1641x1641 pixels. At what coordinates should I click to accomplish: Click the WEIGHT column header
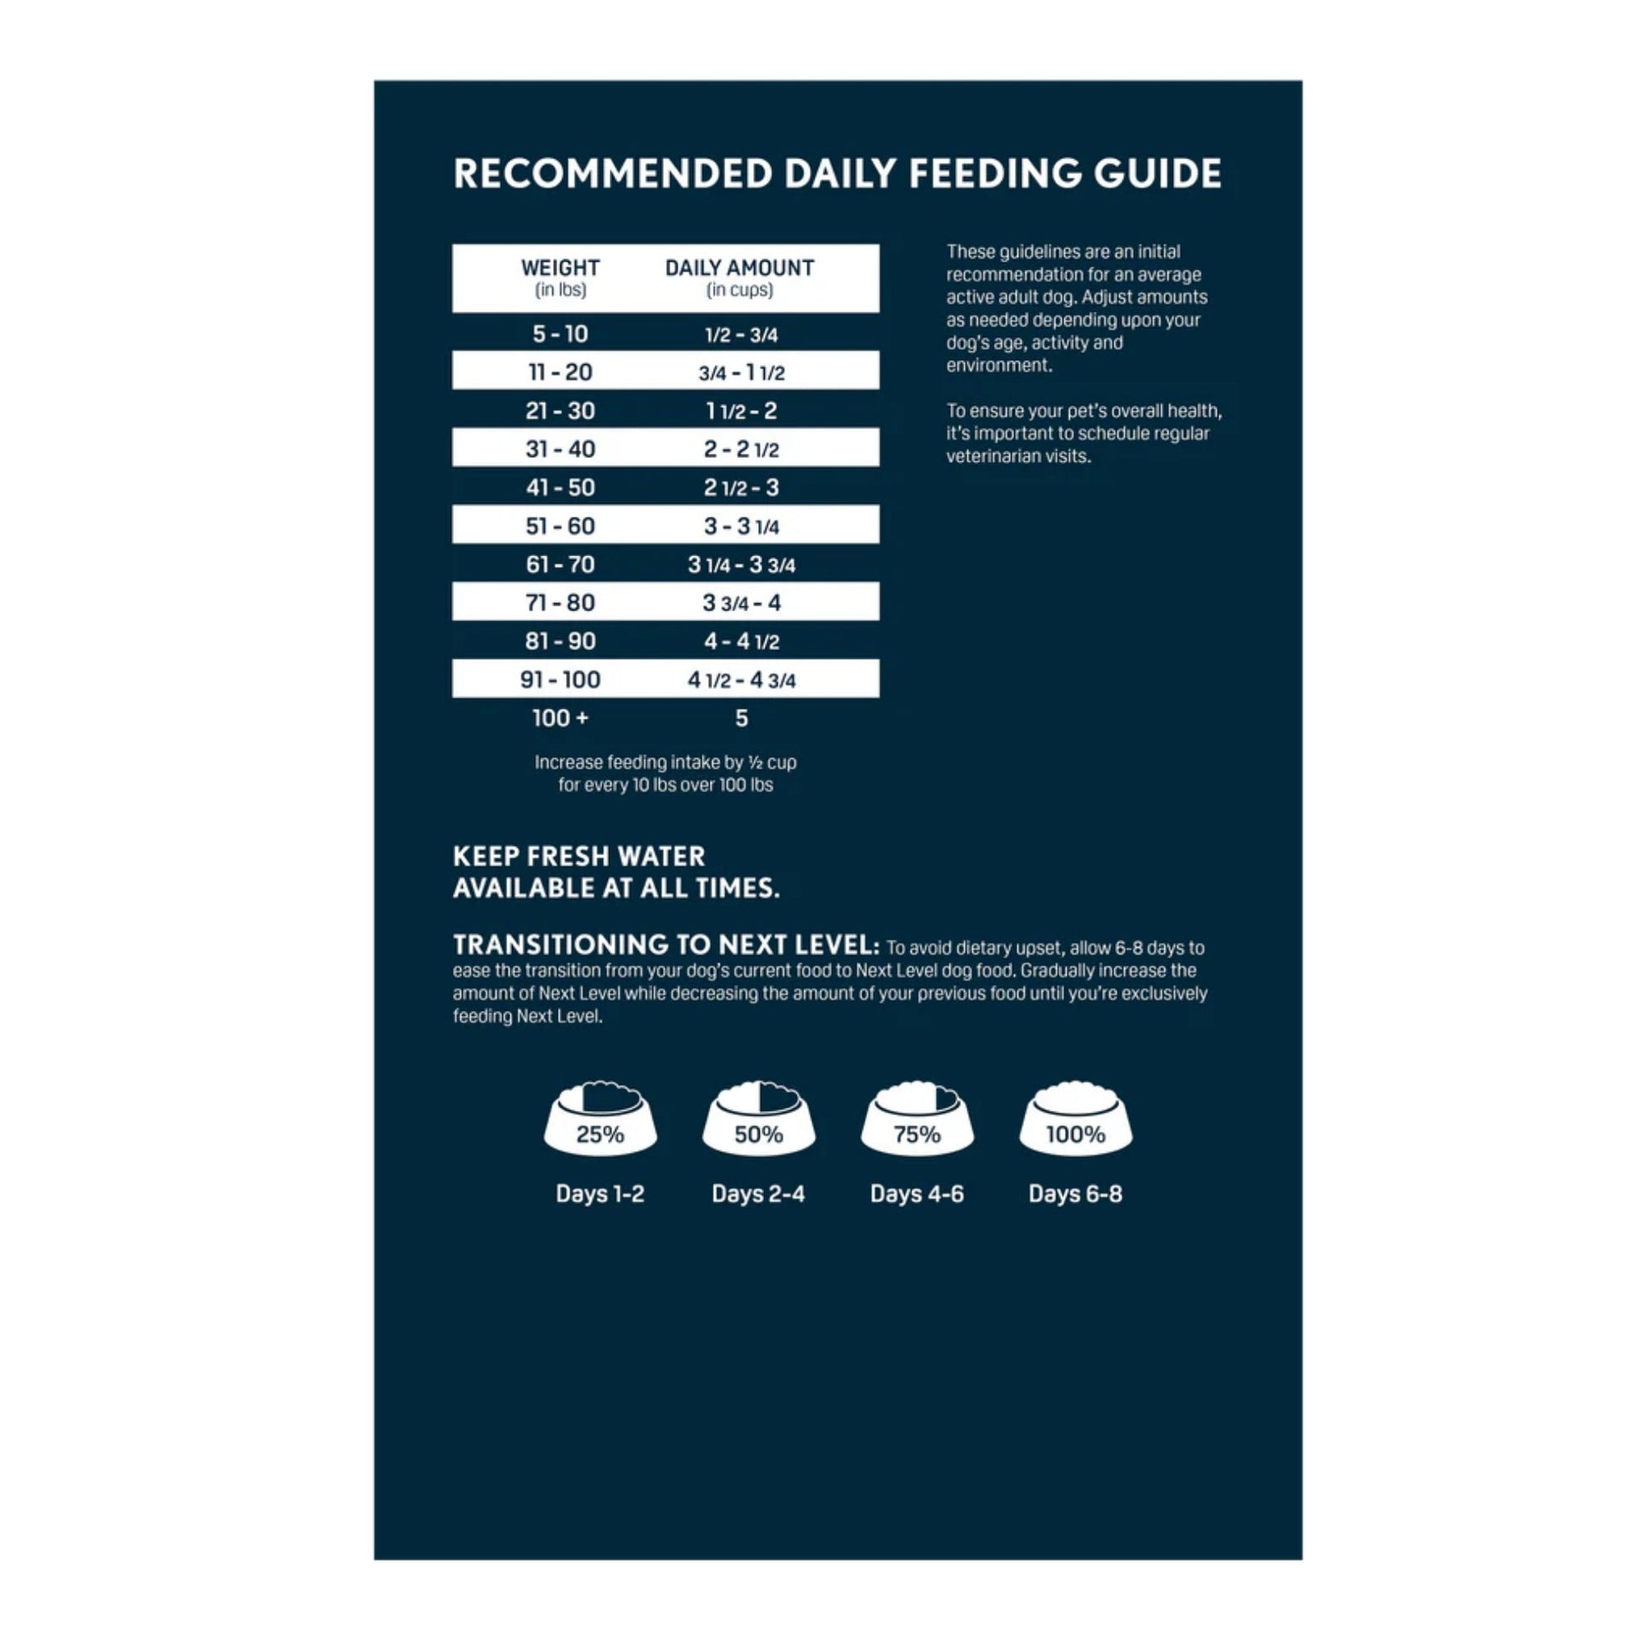coord(560,268)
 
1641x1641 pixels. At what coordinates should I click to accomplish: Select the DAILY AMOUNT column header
coord(739,268)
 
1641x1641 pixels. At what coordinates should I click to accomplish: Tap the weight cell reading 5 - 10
coord(560,334)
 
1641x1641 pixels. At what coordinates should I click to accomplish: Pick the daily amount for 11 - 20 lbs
coord(741,372)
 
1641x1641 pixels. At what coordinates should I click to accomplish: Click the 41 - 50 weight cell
coord(560,487)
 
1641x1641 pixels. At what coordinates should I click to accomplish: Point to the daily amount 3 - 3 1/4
coord(741,526)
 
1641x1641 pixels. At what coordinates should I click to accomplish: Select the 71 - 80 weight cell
coord(560,603)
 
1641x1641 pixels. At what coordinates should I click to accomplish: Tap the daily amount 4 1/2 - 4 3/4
coord(741,680)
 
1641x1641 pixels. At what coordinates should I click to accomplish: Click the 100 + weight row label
coord(560,718)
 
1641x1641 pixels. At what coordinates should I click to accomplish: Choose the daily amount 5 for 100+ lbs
coord(741,718)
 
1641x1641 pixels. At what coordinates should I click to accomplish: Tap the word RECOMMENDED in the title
coord(612,173)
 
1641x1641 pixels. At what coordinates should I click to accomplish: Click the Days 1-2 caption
coord(600,1194)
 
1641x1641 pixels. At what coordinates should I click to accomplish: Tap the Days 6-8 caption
coord(1075,1194)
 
